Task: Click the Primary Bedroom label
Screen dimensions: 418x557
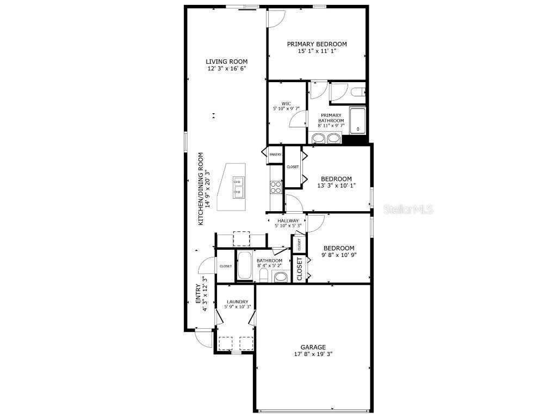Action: tap(317, 44)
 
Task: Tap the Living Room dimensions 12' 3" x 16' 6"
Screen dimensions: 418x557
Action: tap(226, 69)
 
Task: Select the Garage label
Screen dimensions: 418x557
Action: tap(313, 347)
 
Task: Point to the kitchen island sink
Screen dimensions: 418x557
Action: tap(238, 186)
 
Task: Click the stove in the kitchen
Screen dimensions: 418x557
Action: tap(276, 187)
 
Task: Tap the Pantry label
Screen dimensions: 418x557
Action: tap(275, 155)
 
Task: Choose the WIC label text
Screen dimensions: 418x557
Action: tap(286, 103)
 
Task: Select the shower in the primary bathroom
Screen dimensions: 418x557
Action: tap(357, 120)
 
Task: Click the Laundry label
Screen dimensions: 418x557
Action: tap(238, 302)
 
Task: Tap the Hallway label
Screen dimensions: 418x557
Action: tap(288, 220)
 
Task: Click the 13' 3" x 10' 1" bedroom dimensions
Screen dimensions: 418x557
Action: tap(336, 186)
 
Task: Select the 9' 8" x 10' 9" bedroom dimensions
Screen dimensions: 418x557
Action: tap(338, 255)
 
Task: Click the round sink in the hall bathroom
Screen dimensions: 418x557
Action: tap(281, 277)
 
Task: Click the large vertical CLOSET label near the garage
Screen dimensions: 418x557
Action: tap(299, 269)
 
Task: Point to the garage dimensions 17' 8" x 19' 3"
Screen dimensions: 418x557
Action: tap(313, 354)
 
